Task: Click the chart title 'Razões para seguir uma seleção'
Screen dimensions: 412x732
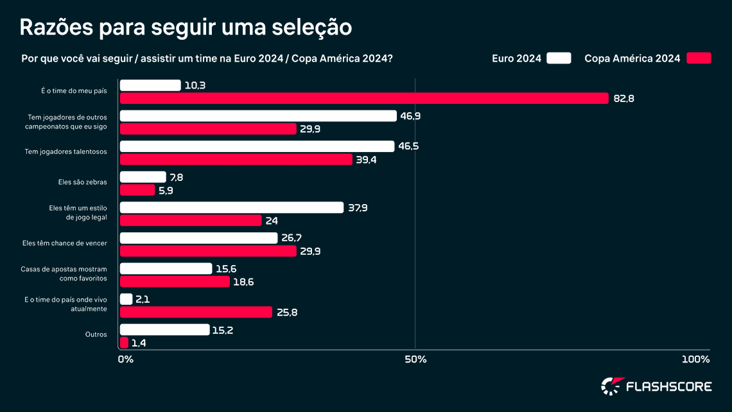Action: [x=186, y=27]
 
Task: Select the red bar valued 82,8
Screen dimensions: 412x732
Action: [x=363, y=98]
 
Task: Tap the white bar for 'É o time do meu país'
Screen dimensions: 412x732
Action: [x=150, y=85]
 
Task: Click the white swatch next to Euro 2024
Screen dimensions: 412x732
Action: [x=559, y=58]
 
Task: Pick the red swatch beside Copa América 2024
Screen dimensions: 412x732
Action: [x=699, y=58]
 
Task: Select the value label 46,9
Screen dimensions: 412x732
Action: [x=410, y=116]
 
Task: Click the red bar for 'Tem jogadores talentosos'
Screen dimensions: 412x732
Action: [x=236, y=159]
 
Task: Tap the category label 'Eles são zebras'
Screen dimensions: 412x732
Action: [x=82, y=182]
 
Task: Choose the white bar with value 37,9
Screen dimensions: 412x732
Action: [x=231, y=207]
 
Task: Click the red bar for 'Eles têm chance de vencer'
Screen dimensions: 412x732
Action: [x=207, y=251]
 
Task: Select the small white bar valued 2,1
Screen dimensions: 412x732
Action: [x=126, y=299]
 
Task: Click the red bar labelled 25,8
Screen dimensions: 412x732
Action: [x=196, y=312]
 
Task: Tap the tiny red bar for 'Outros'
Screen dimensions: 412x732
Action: [x=124, y=343]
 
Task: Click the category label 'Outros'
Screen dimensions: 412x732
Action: [x=96, y=334]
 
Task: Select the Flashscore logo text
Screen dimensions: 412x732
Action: [x=668, y=386]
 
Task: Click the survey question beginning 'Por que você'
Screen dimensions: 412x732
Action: [x=207, y=58]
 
